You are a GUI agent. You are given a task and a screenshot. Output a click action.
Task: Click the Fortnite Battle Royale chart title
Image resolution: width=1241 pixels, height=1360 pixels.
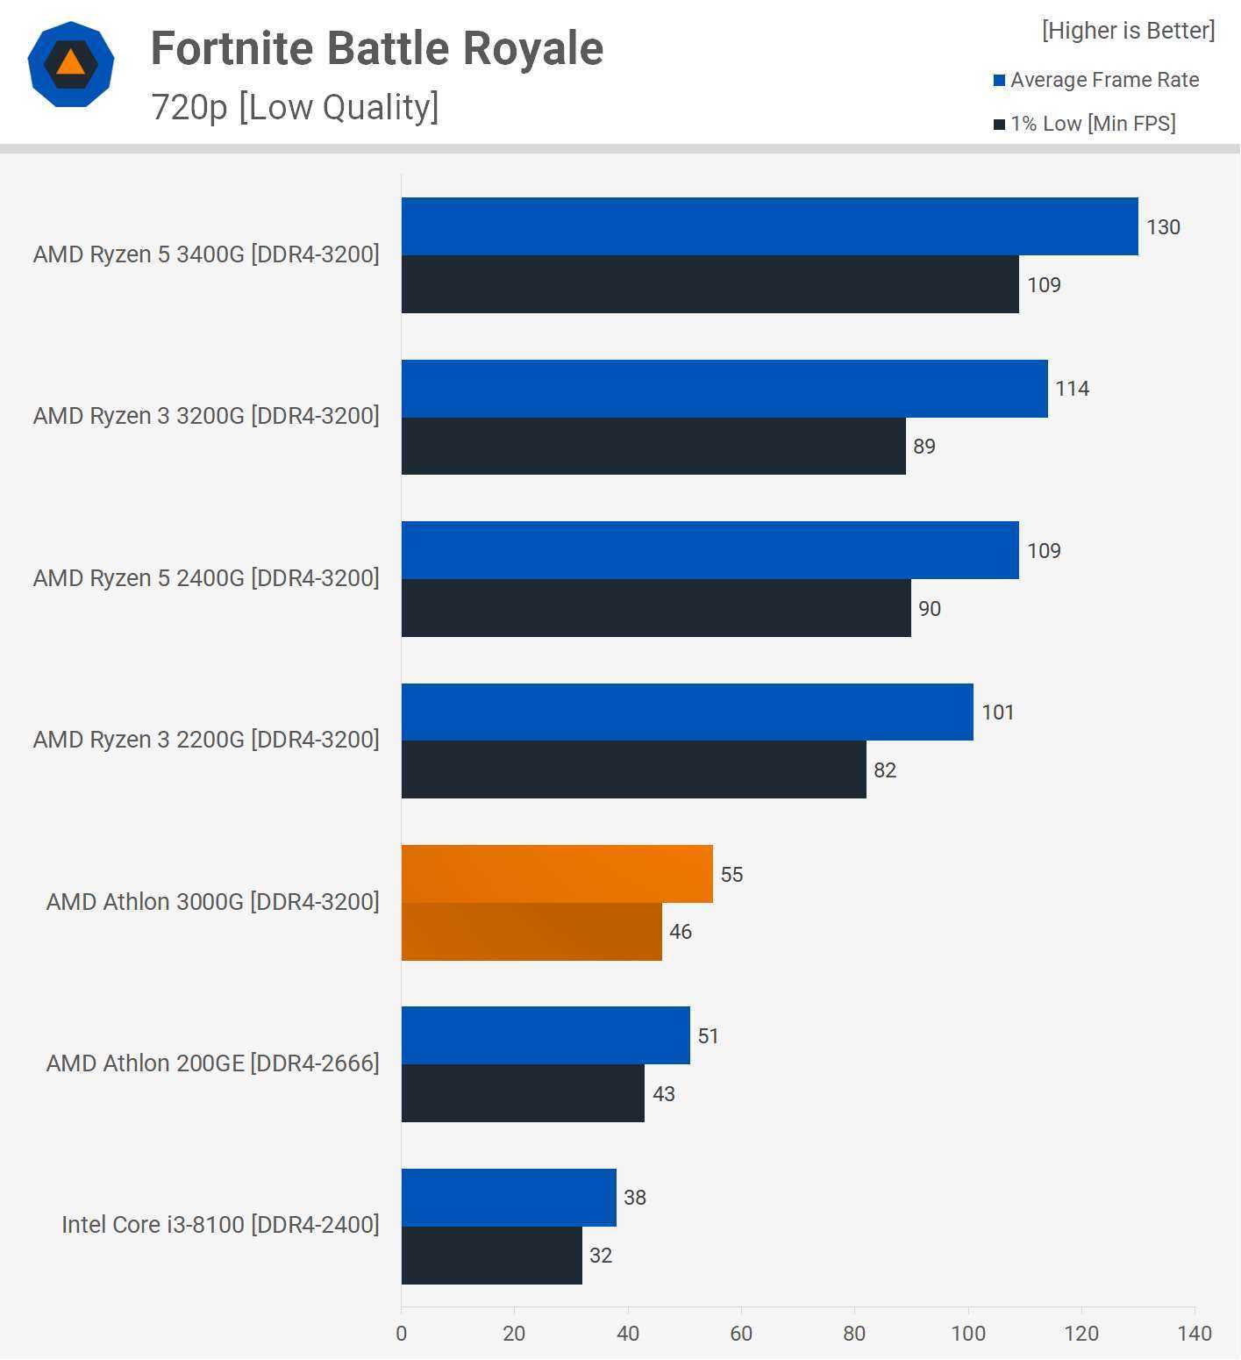[x=377, y=48]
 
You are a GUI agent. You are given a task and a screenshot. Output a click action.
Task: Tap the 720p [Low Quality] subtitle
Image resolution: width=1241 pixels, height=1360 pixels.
[x=295, y=107]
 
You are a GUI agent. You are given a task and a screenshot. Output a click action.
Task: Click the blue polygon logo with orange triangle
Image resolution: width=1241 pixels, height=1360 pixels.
[x=71, y=64]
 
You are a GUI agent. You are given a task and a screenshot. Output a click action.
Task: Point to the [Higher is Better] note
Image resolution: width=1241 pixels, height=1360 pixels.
[x=1128, y=31]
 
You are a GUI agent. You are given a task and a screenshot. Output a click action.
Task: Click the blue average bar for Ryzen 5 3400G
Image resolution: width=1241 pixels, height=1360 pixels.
[x=769, y=226]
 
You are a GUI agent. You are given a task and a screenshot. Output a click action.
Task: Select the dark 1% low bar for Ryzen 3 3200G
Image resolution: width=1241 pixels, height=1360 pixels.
[x=653, y=446]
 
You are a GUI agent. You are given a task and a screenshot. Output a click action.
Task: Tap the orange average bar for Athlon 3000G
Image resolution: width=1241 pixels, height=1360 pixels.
[x=557, y=874]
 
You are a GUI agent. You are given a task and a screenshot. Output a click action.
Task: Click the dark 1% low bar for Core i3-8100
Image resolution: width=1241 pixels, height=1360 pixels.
[x=491, y=1256]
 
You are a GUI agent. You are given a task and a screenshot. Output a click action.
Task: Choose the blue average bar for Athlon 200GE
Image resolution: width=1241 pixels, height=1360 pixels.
[x=546, y=1035]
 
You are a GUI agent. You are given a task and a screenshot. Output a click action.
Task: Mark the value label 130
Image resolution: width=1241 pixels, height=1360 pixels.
[x=1163, y=227]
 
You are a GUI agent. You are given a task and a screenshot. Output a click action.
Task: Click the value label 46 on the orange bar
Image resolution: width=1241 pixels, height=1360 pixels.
[x=681, y=932]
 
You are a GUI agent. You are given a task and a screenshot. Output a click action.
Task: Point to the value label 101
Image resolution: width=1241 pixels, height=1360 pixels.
[x=997, y=712]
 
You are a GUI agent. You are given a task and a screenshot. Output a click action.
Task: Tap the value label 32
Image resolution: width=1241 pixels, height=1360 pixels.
[x=601, y=1256]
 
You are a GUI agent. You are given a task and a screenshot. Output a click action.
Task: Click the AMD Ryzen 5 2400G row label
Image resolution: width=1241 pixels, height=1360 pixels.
[x=206, y=578]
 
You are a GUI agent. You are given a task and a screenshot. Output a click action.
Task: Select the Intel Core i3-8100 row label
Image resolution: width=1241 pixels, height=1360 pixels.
[x=220, y=1225]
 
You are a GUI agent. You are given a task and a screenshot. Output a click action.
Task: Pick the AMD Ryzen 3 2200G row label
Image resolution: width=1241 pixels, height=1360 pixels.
[x=206, y=740]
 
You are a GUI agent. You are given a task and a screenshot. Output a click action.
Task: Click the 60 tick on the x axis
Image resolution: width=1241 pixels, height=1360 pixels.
[x=741, y=1334]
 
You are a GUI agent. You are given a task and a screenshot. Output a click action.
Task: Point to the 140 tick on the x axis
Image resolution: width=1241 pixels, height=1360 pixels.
[x=1195, y=1334]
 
